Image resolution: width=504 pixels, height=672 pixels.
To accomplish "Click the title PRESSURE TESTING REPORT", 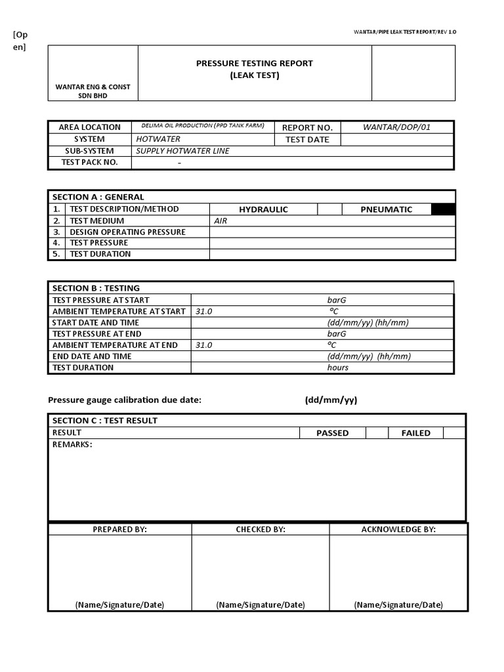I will [x=255, y=64].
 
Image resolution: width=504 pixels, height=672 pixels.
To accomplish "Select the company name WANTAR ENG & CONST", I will [x=93, y=87].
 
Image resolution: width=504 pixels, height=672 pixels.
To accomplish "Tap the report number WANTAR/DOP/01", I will [x=396, y=127].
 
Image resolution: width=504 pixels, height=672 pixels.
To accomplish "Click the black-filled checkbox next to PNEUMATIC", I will [x=443, y=209].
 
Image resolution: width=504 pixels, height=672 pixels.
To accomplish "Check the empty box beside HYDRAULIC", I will [x=329, y=209].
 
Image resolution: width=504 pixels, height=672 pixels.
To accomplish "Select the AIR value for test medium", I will [x=220, y=221].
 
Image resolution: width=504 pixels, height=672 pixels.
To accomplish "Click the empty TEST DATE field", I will [x=396, y=140].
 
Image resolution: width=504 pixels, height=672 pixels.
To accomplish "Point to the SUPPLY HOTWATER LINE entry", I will [x=182, y=151].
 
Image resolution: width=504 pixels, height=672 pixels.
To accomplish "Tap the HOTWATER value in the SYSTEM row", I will [x=157, y=139].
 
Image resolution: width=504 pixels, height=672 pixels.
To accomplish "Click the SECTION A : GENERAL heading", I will [x=98, y=197].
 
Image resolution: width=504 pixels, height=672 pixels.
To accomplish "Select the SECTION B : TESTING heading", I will [x=96, y=288].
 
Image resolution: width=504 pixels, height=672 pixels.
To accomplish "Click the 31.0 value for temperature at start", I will [x=203, y=312].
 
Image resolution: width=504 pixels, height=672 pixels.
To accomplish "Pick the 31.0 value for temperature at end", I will [x=203, y=345].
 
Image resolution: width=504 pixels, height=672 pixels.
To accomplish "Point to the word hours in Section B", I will [x=338, y=367].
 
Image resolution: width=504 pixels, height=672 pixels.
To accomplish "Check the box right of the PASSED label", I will [x=377, y=433].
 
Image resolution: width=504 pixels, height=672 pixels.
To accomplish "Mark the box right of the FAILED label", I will [x=453, y=433].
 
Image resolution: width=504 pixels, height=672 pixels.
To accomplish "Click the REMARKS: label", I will [x=72, y=445].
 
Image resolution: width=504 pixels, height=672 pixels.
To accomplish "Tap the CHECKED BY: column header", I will [x=261, y=530].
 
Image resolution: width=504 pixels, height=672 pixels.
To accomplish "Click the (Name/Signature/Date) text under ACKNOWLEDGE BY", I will [x=398, y=605].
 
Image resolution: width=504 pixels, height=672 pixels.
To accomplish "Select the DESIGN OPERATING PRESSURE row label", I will [x=127, y=232].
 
